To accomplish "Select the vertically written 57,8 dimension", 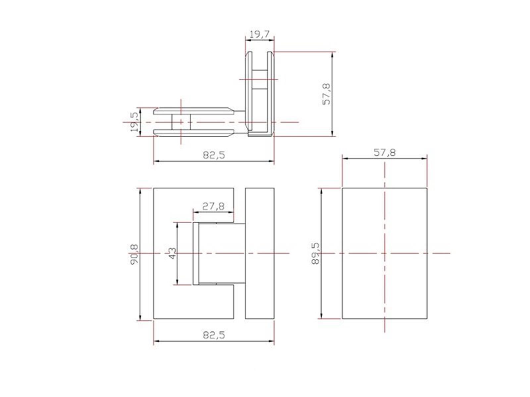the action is click(327, 94).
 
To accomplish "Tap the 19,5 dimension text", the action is click(134, 122).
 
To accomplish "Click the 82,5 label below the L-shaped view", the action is click(214, 155).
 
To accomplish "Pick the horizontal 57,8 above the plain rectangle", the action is click(385, 152).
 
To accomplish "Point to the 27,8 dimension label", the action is click(213, 206).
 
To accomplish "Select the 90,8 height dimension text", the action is click(134, 254).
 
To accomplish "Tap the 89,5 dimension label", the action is click(315, 253).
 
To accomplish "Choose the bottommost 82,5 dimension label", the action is click(214, 335).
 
